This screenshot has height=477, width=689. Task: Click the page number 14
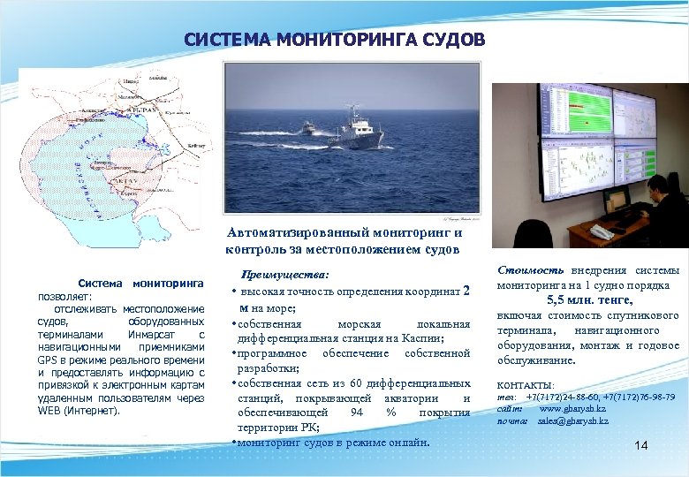pos(641,446)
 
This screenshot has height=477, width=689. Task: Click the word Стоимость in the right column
pos(530,270)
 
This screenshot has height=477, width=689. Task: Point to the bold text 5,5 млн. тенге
pos(588,300)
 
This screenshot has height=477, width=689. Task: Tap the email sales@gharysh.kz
pos(572,421)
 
